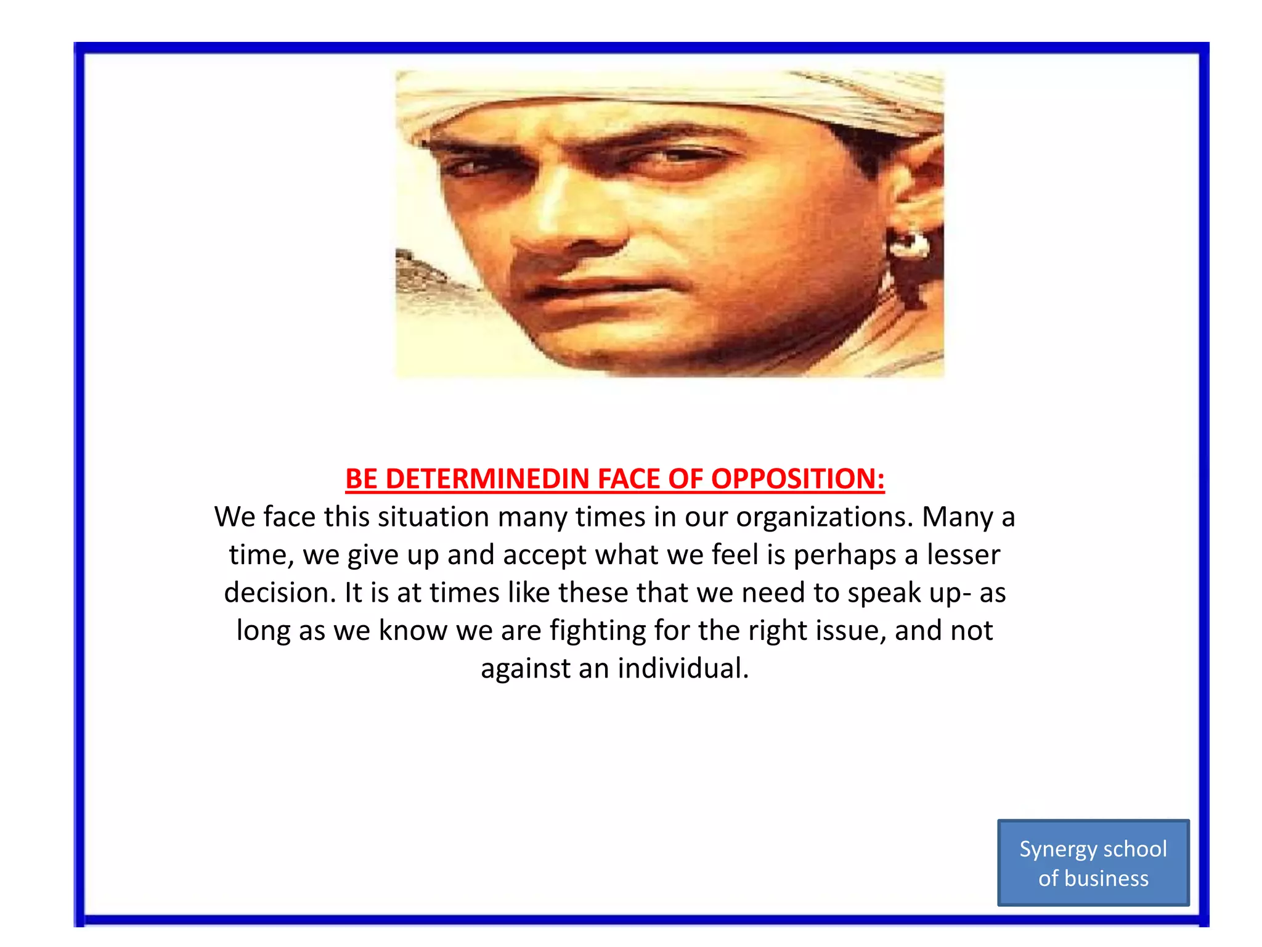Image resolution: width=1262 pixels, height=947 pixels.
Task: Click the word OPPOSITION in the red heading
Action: tap(798, 479)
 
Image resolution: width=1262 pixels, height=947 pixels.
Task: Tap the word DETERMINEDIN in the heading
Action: tap(487, 479)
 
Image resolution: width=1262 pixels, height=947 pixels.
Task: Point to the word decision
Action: tap(280, 593)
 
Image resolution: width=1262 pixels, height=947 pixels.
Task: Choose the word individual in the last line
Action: tap(683, 668)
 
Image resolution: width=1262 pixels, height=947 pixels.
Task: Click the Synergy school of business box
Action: tap(1093, 863)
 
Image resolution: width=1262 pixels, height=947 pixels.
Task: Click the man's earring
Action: tap(908, 243)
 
